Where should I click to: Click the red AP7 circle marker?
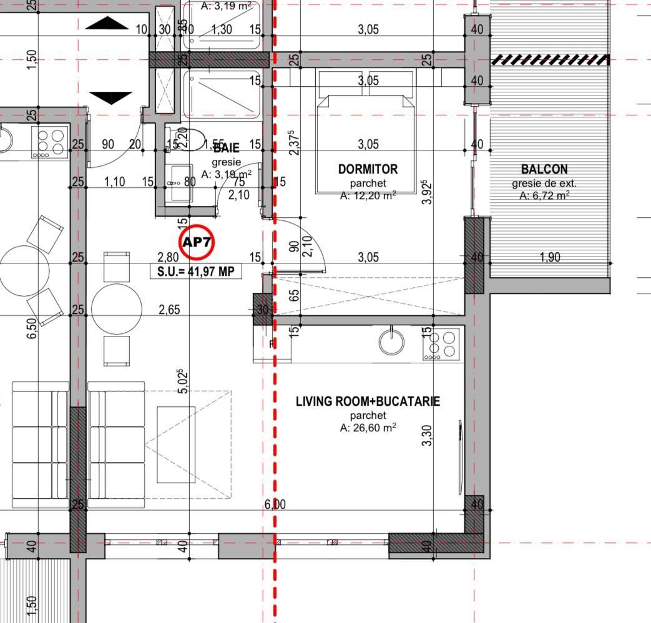197,242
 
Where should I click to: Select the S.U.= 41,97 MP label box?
196,272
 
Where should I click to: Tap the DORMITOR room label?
368,169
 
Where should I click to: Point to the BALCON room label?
544,169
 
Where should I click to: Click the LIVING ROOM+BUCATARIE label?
368,401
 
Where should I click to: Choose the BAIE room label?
226,149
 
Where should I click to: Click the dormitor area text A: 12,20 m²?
368,195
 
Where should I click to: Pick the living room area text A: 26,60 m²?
368,428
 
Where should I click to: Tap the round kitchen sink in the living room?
391,341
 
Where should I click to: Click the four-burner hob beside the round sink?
441,344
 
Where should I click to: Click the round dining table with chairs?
117,308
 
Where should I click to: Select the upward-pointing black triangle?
110,24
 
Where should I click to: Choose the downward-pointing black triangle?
110,98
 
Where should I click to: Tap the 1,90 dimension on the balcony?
549,257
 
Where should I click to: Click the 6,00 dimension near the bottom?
275,504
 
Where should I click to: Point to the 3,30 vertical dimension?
427,434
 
